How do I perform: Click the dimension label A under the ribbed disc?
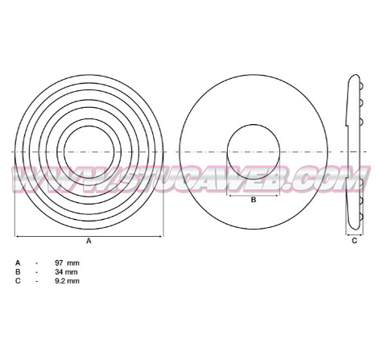tap(89, 241)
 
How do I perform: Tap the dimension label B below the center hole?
tap(254, 200)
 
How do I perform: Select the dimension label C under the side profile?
tap(354, 241)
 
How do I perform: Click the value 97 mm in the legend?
tap(67, 263)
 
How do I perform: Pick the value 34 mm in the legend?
tap(66, 272)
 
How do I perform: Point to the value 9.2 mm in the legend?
tap(67, 281)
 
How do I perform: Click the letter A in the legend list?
tap(18, 263)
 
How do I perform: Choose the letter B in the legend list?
tap(18, 272)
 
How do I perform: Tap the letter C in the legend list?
tap(18, 281)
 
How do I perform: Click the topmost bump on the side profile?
tap(361, 86)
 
